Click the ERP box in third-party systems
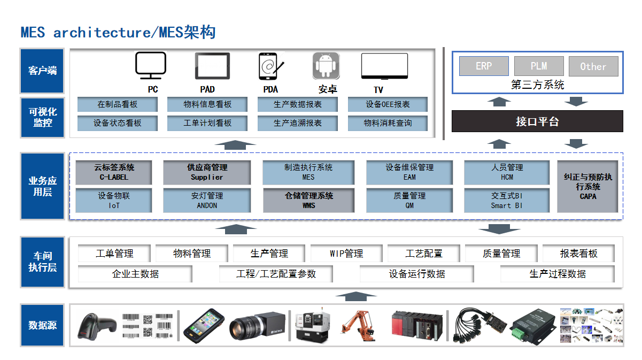click(x=484, y=66)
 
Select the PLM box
click(x=539, y=66)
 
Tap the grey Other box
click(x=593, y=66)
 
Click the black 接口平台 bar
click(x=537, y=121)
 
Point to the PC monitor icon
click(x=150, y=66)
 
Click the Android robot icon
click(x=326, y=66)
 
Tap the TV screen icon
click(x=385, y=66)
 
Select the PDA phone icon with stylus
click(x=270, y=66)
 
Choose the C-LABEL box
click(x=114, y=172)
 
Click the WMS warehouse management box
click(x=308, y=201)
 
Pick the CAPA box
click(x=588, y=186)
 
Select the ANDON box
click(x=207, y=201)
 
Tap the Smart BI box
click(x=507, y=201)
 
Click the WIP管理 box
click(x=346, y=254)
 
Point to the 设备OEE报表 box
click(x=388, y=104)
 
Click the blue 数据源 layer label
click(x=42, y=325)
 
